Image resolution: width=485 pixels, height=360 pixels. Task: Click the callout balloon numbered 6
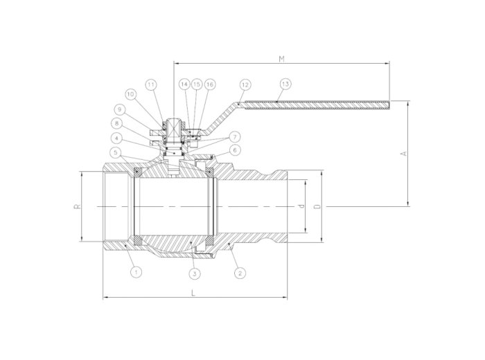click(x=236, y=150)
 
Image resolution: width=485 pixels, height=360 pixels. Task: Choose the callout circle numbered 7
click(x=236, y=136)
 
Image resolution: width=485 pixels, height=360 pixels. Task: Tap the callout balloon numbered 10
click(x=131, y=93)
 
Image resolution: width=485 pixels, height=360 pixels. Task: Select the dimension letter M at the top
click(x=281, y=59)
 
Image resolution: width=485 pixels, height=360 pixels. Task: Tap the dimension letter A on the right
click(x=405, y=153)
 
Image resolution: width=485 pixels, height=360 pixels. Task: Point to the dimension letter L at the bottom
click(x=193, y=294)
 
